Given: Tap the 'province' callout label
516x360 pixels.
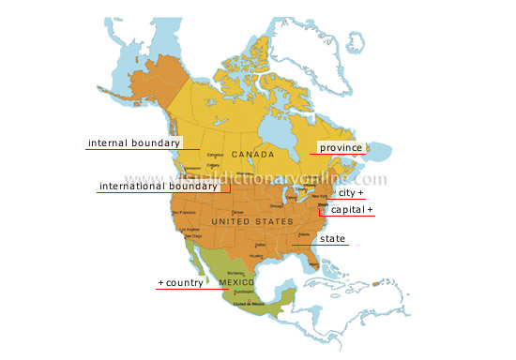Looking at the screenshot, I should [x=340, y=147].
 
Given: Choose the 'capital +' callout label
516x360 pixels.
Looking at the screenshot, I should [x=353, y=210].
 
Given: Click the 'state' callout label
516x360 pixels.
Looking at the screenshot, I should [x=332, y=239].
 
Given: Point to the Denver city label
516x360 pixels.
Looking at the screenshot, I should [x=236, y=213].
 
